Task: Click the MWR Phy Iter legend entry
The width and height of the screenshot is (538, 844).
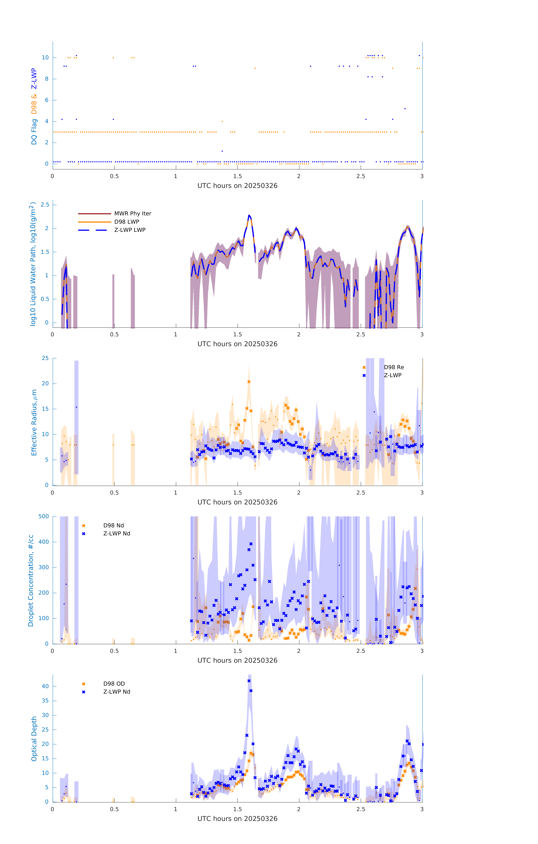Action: tap(132, 213)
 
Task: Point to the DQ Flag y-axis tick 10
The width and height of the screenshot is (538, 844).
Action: tap(45, 58)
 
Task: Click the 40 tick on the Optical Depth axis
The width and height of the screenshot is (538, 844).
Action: tap(45, 686)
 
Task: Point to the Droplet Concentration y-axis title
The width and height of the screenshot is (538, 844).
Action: tap(31, 580)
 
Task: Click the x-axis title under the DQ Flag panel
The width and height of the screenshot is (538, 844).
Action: tap(237, 186)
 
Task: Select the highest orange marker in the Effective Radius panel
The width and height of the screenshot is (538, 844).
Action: tap(249, 382)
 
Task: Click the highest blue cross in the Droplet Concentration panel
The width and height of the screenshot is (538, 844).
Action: tap(251, 544)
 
